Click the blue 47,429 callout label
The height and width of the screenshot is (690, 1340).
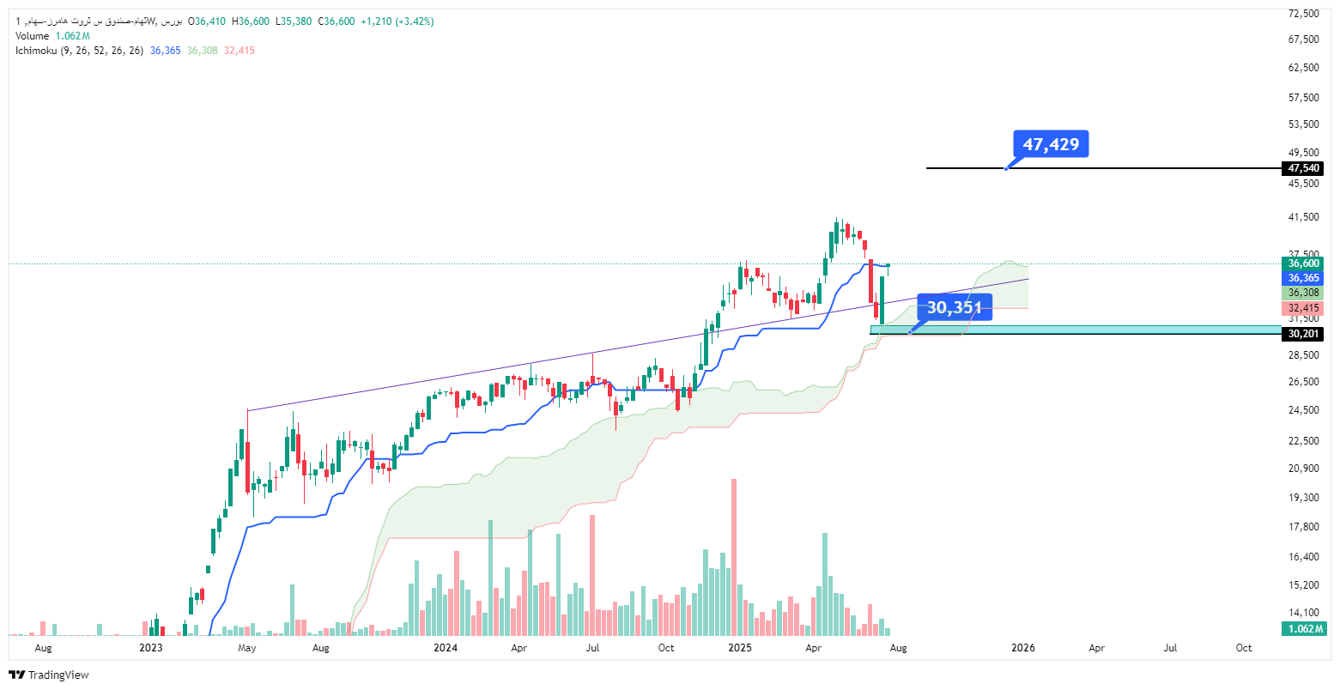click(1051, 144)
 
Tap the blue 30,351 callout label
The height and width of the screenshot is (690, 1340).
click(955, 307)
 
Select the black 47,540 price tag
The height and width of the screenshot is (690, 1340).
click(1302, 168)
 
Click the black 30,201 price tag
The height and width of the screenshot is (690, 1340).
click(1302, 334)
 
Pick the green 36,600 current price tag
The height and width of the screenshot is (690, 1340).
click(1302, 263)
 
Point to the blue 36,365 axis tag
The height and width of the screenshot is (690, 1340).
click(1302, 278)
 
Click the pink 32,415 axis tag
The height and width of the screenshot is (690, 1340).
click(1302, 309)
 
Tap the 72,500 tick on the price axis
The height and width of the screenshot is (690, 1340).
click(1303, 13)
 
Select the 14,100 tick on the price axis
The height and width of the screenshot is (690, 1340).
click(1303, 612)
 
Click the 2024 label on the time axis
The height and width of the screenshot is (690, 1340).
click(446, 648)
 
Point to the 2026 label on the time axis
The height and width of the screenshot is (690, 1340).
click(1023, 648)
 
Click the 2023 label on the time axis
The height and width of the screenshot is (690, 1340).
click(151, 648)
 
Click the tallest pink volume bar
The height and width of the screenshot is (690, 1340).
click(734, 557)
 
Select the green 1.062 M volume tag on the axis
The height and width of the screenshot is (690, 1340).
click(1304, 629)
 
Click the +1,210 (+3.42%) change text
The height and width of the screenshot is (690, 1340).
click(397, 21)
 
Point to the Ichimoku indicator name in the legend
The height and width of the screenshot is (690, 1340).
click(36, 51)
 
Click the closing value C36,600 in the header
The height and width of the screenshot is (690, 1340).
click(337, 21)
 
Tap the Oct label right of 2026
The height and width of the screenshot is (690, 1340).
click(1244, 648)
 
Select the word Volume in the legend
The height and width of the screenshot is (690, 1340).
click(33, 36)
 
